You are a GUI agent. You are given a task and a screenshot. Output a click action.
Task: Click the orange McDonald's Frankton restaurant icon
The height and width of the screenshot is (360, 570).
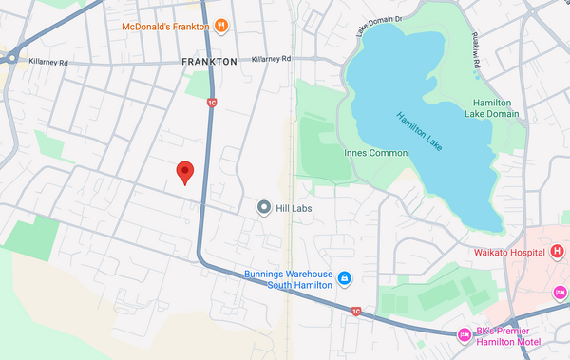point(220,26)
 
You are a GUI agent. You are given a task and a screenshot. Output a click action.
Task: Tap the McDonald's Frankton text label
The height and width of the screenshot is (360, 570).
point(163,26)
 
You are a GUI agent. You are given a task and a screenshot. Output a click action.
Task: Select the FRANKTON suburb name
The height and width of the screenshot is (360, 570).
point(209,61)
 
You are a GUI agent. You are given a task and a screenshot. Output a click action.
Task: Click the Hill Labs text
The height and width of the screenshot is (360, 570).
point(294,208)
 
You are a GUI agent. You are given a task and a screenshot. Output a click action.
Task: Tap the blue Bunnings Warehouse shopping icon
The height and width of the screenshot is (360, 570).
point(345,278)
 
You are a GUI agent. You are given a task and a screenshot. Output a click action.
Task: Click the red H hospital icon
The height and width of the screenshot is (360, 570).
point(556,252)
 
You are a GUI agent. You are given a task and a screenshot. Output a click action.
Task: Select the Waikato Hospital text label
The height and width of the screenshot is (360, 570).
point(509,253)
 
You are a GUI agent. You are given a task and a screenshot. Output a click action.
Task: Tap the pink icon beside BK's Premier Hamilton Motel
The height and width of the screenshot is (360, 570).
point(465,334)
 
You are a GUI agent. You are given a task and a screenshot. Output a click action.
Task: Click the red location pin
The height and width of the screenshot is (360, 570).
point(186,172)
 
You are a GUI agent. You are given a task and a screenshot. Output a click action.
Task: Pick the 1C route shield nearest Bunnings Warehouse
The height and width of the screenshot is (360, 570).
point(355,311)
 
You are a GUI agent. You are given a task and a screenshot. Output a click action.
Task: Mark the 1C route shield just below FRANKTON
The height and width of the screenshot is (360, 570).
point(211,102)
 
